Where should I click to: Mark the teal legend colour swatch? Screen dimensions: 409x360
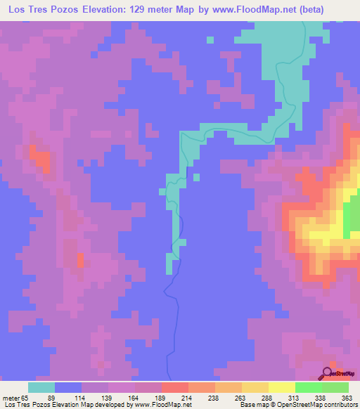tap(41, 387)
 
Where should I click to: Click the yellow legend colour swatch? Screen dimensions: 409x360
tap(282, 387)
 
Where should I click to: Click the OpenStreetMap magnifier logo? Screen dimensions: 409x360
tap(328, 372)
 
